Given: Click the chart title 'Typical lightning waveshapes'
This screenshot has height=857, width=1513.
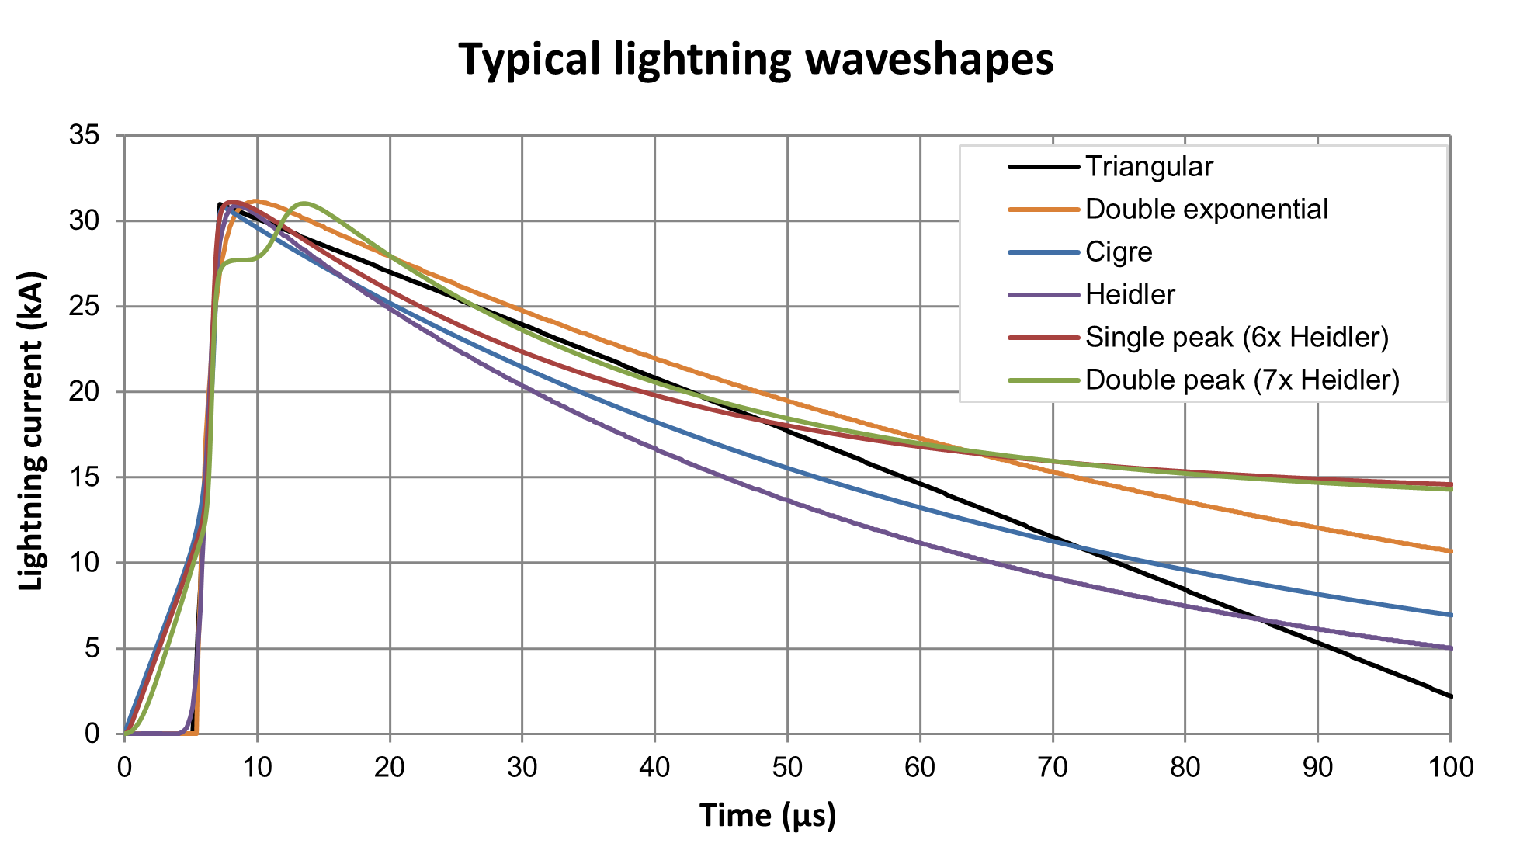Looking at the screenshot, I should point(755,59).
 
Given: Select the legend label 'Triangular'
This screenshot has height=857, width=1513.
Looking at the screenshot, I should point(1148,166).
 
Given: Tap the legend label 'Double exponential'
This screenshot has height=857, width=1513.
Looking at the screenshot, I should point(1206,209).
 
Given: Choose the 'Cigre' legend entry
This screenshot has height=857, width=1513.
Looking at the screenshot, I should point(1119,252).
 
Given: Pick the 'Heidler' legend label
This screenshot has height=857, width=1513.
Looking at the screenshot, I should point(1130,294).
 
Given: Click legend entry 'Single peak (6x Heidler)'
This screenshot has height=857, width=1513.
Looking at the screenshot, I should point(1237,337).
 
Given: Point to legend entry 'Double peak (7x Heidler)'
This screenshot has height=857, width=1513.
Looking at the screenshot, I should point(1242,380).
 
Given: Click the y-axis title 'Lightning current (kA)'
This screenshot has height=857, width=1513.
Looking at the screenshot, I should point(32,432).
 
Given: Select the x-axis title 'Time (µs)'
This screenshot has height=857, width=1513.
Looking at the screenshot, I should point(767,815).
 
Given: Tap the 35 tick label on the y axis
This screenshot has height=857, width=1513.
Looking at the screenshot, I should point(85,136).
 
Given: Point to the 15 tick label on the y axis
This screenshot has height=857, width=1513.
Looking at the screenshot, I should point(85,477).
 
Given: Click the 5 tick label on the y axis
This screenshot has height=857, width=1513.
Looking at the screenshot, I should point(92,648).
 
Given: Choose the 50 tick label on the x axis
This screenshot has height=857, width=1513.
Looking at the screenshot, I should point(787,768).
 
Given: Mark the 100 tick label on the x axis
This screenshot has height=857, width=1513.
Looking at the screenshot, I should point(1449,768).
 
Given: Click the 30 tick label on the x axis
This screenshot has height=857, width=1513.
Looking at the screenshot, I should point(522,768).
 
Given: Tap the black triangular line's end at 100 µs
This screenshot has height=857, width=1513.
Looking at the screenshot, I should point(1449,696).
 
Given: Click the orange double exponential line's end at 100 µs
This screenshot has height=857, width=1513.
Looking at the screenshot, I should point(1449,551).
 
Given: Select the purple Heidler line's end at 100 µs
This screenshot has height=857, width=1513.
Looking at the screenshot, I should point(1449,647).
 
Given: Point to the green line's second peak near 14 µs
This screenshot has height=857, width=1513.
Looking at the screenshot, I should point(304,203).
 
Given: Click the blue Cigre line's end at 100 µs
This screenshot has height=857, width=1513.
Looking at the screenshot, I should point(1449,615).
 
